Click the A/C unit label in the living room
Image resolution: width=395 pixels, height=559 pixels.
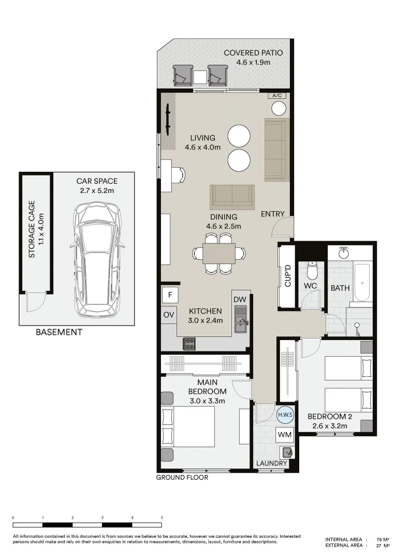click(x=276, y=96)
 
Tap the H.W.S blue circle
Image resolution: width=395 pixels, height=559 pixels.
click(x=285, y=415)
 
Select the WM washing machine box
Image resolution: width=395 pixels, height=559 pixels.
click(x=285, y=435)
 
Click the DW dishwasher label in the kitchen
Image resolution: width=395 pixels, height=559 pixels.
click(x=240, y=300)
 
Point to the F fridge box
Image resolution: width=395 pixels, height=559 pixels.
click(x=169, y=296)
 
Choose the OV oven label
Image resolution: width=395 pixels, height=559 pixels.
click(x=169, y=315)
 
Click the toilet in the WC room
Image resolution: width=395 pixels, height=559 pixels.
click(x=312, y=269)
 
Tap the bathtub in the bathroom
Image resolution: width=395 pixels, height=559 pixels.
click(x=362, y=282)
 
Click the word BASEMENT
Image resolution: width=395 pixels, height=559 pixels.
click(x=58, y=332)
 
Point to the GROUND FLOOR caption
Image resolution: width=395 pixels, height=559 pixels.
click(x=182, y=477)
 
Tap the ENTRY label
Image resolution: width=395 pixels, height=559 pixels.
click(x=272, y=214)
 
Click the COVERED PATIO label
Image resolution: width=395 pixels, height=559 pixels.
click(x=253, y=57)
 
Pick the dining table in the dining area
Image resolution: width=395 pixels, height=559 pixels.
click(x=219, y=254)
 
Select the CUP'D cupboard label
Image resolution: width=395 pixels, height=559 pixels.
click(x=288, y=276)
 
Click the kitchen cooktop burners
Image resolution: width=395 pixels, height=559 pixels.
click(x=189, y=342)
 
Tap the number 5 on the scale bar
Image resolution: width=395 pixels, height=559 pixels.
click(x=162, y=517)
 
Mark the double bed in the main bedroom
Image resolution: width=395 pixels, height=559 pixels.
click(x=189, y=426)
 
